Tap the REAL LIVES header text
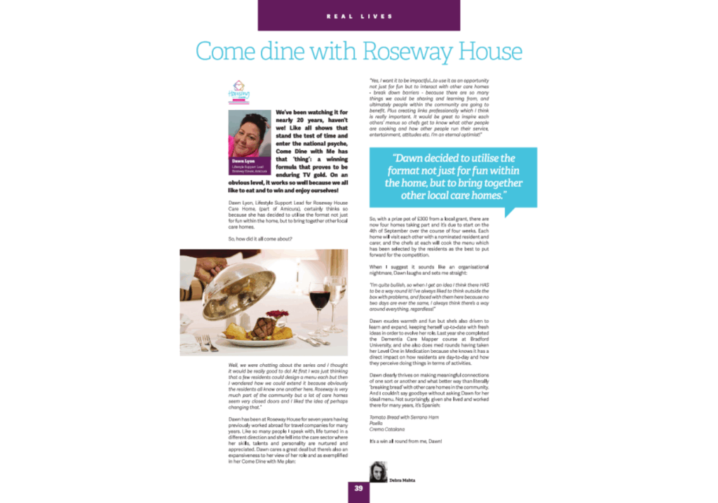358,15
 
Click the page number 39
358,488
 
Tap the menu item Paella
376,423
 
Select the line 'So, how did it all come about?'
260,239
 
